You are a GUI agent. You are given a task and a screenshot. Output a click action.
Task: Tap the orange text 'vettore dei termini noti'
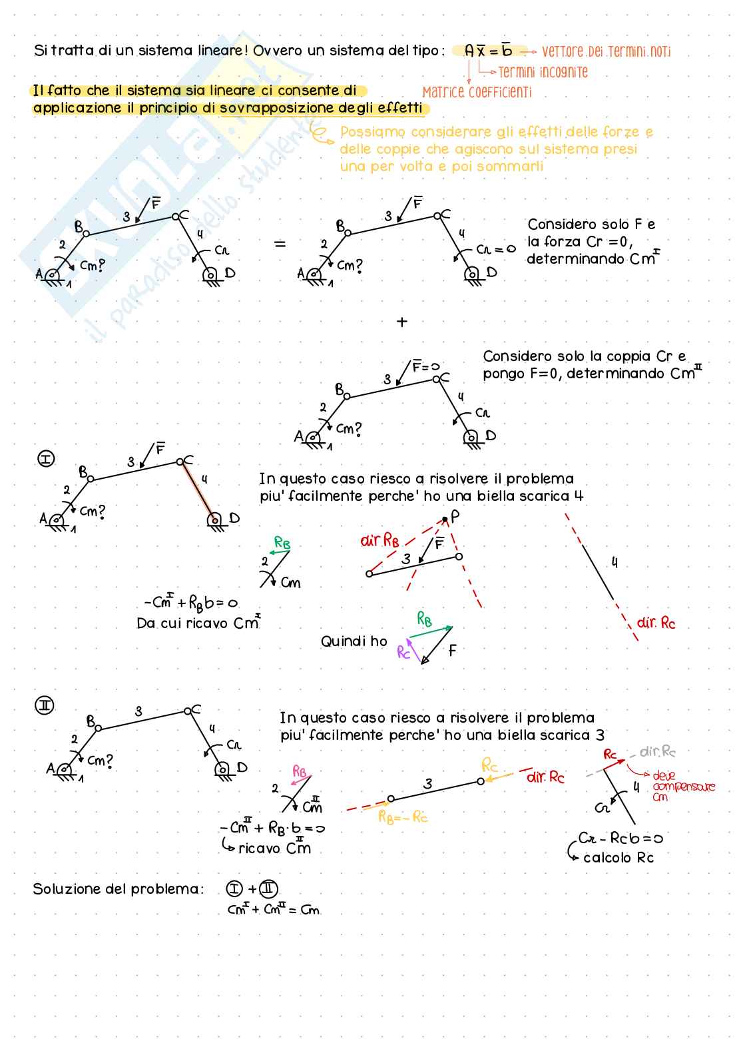pos(606,51)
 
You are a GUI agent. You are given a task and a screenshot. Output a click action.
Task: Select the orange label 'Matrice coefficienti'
pos(477,93)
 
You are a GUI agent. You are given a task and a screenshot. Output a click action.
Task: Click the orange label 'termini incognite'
pos(543,72)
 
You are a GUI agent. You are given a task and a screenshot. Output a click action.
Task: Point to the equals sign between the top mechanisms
pos(280,244)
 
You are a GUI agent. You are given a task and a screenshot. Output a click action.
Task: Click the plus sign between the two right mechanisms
pos(401,322)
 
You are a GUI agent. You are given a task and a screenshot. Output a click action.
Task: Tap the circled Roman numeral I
pos(46,459)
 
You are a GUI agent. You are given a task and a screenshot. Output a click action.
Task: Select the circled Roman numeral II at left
pos(45,705)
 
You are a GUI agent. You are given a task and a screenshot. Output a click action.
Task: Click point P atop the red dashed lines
pos(453,516)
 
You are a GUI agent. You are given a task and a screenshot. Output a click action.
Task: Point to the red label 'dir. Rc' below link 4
pos(656,623)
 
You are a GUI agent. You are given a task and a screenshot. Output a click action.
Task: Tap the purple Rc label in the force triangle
pos(403,651)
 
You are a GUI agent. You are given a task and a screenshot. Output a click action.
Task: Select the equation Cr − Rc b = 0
pos(620,838)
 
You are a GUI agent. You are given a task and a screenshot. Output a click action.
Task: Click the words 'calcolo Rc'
pos(618,858)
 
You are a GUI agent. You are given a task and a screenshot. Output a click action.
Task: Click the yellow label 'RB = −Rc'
pos(403,817)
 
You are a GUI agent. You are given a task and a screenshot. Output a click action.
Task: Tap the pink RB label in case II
pos(300,771)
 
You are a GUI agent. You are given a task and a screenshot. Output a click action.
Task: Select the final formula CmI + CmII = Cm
pos(274,909)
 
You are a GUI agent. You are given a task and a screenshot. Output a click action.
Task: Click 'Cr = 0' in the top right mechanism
pos(496,249)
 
